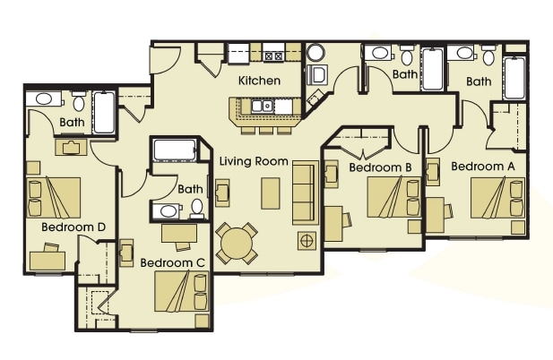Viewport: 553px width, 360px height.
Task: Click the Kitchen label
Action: pyautogui.click(x=259, y=81)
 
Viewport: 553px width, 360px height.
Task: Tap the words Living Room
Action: pyautogui.click(x=254, y=162)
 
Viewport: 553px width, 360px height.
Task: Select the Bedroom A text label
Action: pyautogui.click(x=483, y=167)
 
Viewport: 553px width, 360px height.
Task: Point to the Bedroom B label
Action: pyautogui.click(x=380, y=167)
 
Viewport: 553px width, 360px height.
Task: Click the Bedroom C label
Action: pyautogui.click(x=173, y=262)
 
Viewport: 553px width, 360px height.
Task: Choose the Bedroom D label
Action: pyautogui.click(x=73, y=227)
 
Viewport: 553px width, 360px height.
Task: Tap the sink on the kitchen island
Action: pyautogui.click(x=262, y=107)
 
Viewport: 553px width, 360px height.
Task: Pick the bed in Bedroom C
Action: pyautogui.click(x=182, y=292)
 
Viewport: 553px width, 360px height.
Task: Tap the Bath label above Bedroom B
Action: pyautogui.click(x=404, y=74)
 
